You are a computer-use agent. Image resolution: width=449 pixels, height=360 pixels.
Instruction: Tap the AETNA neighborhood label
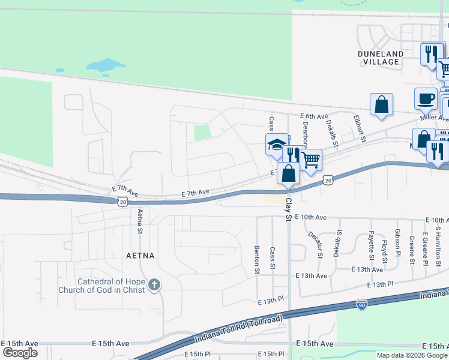pos(140,255)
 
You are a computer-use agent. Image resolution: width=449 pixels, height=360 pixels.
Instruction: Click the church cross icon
pos(154,284)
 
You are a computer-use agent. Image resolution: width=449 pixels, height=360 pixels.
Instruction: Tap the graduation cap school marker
pos(277,145)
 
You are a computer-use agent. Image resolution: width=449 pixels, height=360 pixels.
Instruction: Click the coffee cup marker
pos(426,98)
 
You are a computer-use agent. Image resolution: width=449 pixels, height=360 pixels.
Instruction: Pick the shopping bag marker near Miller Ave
pos(381,104)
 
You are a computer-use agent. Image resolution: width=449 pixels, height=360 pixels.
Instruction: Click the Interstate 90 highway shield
pos(361,305)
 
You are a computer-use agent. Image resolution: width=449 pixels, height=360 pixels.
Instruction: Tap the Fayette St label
pos(371,246)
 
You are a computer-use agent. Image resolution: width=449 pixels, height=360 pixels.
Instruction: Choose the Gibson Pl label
pos(398,241)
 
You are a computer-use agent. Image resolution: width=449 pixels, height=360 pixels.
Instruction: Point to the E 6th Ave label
pos(315,116)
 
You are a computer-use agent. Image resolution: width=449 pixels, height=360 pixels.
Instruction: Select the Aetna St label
pos(140,220)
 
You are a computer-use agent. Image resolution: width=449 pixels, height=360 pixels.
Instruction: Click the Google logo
pos(20,353)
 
